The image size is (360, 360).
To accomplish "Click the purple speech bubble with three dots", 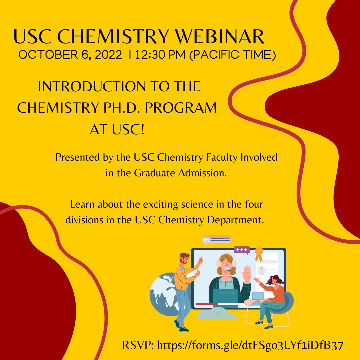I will coord(242,250).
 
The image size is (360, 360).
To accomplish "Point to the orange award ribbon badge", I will coord(259,254).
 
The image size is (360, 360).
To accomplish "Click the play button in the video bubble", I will coord(206,239).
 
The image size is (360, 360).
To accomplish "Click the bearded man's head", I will coord(184,259).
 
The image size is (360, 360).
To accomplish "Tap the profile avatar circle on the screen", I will coord(262,270).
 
